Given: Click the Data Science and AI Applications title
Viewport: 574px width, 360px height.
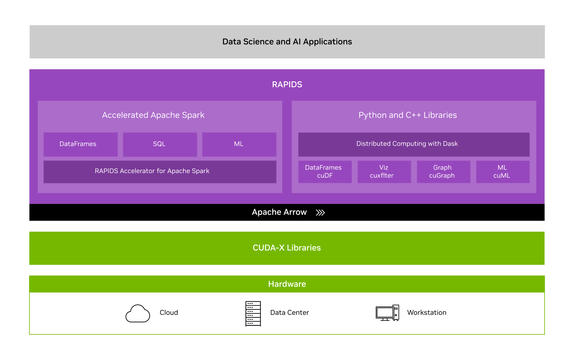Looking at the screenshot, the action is [287, 42].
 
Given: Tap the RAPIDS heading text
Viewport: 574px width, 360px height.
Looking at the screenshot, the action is [287, 85].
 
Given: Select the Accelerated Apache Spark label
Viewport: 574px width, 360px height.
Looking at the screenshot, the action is [153, 115].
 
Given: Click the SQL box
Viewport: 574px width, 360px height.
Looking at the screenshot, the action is [160, 144].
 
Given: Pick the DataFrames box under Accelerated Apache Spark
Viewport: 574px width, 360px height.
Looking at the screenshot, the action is [81, 144].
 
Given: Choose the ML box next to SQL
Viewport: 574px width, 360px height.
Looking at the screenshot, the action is [239, 144].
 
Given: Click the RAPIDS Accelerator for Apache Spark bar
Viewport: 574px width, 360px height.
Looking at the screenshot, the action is [160, 172].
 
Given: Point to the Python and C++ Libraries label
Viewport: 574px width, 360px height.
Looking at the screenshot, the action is [408, 115].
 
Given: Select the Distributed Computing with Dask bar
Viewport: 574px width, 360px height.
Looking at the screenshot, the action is [414, 144].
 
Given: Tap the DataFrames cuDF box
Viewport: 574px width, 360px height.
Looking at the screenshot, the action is [325, 172].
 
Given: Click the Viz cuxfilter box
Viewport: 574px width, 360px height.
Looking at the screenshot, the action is [384, 172].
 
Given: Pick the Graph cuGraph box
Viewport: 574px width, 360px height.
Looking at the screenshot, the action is [443, 172].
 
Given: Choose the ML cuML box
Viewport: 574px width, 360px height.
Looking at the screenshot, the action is [503, 172].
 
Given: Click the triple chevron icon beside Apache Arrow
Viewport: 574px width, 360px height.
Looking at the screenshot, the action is [320, 213].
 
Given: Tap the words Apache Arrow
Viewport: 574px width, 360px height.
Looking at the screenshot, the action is [279, 212].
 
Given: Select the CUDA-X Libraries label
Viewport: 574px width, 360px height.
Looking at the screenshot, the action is [287, 248].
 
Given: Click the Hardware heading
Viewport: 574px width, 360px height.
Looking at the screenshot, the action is [287, 284].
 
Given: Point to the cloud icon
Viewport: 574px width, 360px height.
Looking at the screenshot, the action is [138, 313].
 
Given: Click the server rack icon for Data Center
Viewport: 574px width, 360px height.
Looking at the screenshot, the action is [253, 314].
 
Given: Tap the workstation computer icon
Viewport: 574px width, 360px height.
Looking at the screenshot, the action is [387, 313].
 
